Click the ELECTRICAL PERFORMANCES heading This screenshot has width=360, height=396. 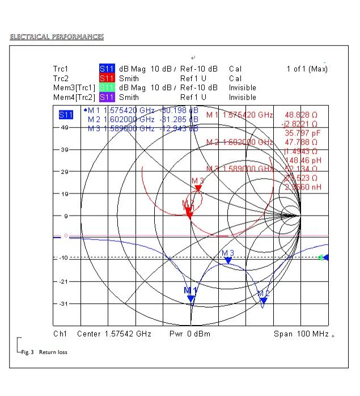[x=57, y=37]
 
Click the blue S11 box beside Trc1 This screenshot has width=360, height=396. [x=107, y=69]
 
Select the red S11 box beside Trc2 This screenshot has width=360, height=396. [x=107, y=78]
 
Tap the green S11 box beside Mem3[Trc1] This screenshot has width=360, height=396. [x=107, y=88]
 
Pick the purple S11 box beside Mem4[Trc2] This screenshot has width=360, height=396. [x=107, y=97]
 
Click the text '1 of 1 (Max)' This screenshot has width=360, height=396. [x=307, y=69]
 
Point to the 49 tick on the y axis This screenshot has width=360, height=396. [x=64, y=128]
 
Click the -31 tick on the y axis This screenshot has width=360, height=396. [x=63, y=304]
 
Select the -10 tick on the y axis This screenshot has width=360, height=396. [x=63, y=258]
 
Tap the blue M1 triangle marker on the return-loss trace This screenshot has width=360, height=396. [x=191, y=298]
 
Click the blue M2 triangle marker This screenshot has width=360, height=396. [x=263, y=301]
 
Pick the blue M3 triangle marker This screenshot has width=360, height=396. [x=228, y=260]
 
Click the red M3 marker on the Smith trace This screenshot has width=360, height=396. [x=198, y=188]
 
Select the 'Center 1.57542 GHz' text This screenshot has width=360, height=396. [x=114, y=334]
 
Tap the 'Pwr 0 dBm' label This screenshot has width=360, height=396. [x=190, y=334]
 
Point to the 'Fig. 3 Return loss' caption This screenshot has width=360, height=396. [x=44, y=352]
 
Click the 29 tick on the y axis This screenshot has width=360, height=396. [x=64, y=171]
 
